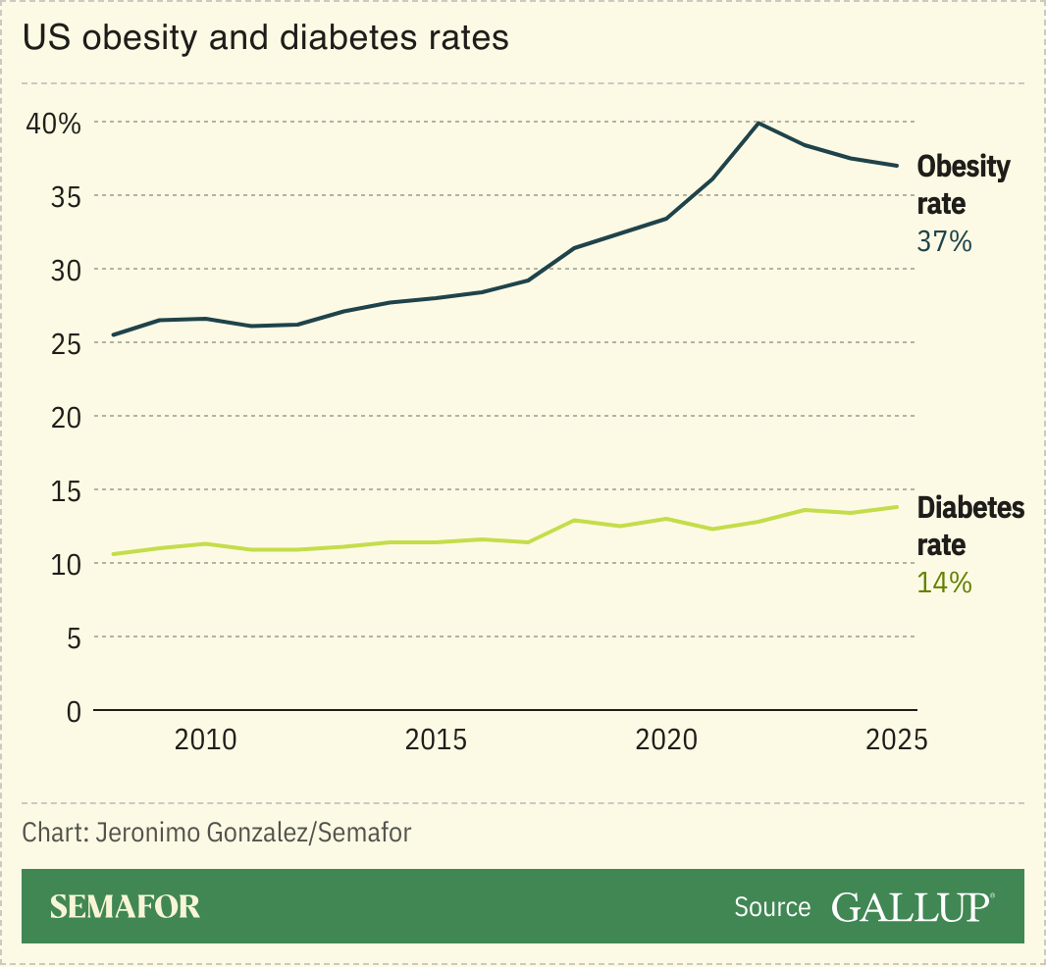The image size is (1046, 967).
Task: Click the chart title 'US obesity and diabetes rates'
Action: pos(266,38)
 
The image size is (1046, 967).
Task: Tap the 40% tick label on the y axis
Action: pos(53,124)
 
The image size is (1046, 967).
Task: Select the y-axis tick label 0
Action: pos(73,711)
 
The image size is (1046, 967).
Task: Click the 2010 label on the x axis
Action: pos(205,739)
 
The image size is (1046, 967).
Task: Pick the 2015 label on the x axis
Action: pos(436,739)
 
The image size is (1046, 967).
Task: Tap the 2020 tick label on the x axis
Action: pos(666,739)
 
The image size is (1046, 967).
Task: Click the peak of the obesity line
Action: pos(758,123)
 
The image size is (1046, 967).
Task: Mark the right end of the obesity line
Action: pos(897,166)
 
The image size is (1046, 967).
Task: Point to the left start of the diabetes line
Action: pos(114,554)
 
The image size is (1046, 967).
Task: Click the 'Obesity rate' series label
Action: pos(962,184)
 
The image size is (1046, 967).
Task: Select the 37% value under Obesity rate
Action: pos(944,241)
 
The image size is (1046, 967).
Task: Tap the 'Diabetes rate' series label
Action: pos(969,526)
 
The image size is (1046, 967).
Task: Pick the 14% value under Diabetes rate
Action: pos(944,583)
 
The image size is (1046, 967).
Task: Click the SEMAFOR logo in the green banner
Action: pos(125,906)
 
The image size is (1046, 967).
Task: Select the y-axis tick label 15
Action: pos(66,490)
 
